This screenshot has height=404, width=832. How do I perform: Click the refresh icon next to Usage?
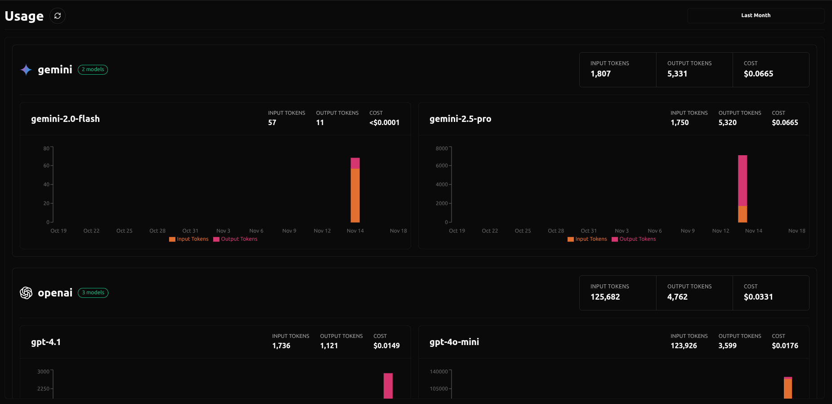click(x=58, y=16)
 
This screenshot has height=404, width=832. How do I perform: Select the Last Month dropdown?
click(x=756, y=15)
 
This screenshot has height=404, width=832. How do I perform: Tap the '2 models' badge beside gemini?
click(x=93, y=69)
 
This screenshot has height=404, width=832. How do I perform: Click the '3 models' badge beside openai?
click(x=93, y=292)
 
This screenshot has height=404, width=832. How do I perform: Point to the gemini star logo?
click(x=26, y=70)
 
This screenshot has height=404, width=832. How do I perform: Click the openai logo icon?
click(x=26, y=293)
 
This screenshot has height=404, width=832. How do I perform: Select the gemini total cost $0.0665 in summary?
click(x=758, y=74)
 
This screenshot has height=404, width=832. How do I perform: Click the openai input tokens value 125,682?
click(x=605, y=297)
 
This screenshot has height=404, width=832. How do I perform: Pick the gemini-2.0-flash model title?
click(x=65, y=119)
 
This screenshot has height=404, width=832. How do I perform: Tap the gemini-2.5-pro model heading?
click(x=460, y=119)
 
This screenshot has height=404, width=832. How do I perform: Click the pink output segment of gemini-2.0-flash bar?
click(x=355, y=163)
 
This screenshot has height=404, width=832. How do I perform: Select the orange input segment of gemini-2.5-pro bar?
click(x=743, y=214)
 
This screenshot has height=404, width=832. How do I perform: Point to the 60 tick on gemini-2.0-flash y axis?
click(x=46, y=166)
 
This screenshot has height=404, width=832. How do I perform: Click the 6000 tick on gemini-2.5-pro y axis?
click(x=442, y=166)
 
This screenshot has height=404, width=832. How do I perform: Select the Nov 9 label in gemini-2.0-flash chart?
click(x=289, y=231)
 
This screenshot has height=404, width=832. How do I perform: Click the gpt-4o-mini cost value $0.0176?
click(x=785, y=346)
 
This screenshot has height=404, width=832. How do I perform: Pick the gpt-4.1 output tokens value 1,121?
click(x=329, y=346)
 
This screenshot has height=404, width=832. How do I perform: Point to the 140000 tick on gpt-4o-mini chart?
click(x=438, y=372)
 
